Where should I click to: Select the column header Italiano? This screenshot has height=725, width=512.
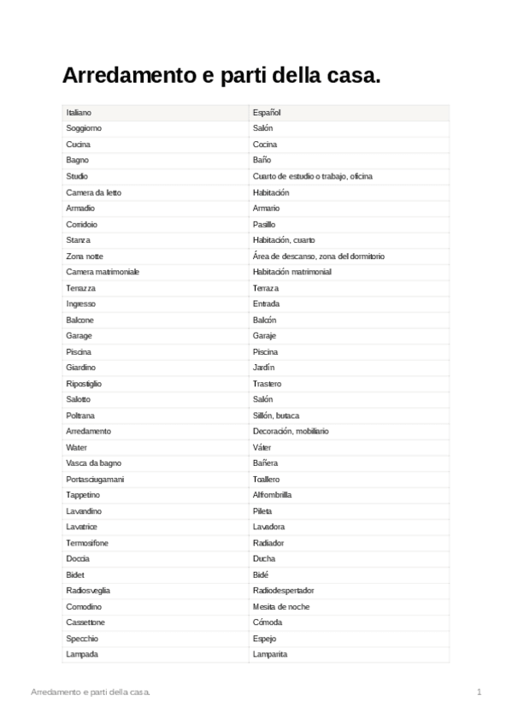[79, 113]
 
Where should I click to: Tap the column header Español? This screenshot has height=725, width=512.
[267, 113]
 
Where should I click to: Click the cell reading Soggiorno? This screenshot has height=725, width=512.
[84, 128]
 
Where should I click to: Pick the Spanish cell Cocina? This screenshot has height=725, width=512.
[265, 144]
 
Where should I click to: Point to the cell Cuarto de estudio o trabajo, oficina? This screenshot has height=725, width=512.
[312, 176]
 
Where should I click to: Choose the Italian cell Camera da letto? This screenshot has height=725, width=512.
[93, 192]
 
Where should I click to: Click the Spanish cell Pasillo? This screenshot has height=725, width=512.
[264, 224]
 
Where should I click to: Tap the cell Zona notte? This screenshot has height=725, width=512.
[85, 256]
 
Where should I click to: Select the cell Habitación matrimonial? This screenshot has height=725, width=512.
[292, 272]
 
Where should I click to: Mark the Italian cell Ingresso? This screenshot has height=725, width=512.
[80, 304]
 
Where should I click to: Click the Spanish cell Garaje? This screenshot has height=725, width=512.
[264, 336]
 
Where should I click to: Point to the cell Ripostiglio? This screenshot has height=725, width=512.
[84, 384]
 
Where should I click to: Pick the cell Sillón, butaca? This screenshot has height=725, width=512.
[276, 416]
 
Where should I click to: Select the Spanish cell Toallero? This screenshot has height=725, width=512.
[266, 480]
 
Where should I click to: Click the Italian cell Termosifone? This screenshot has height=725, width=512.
[86, 543]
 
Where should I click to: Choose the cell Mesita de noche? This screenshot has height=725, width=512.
[281, 607]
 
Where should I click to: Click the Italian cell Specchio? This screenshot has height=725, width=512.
[82, 639]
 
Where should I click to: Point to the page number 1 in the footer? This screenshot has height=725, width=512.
[480, 691]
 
